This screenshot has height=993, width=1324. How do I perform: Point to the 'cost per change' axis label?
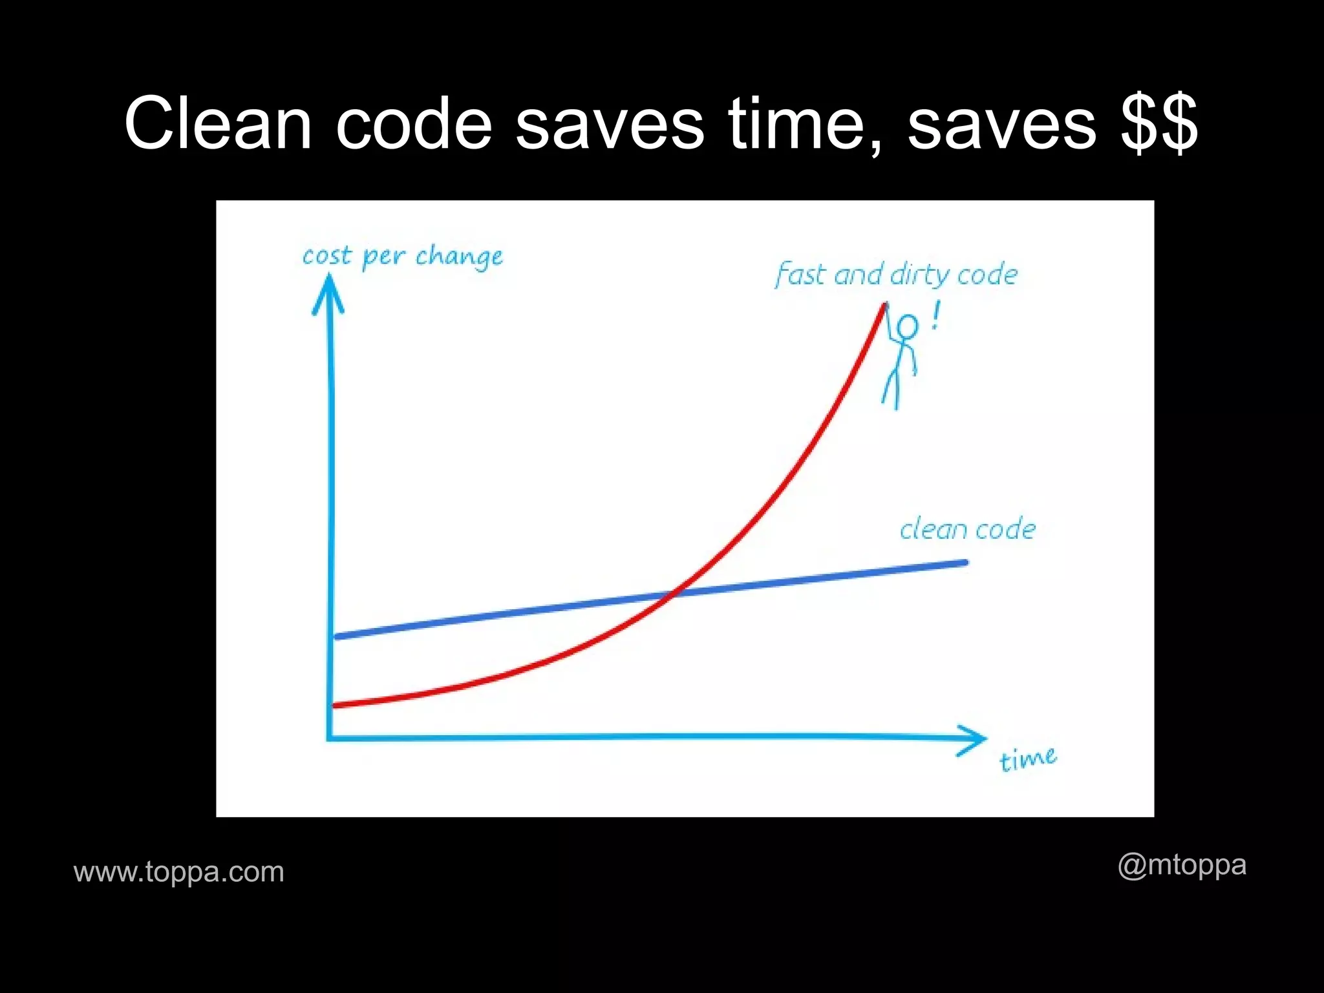tap(402, 256)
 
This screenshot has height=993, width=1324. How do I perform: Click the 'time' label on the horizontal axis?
tap(1027, 758)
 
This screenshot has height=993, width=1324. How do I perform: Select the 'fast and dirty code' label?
tap(896, 275)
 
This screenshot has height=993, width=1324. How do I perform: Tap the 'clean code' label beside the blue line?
tap(967, 529)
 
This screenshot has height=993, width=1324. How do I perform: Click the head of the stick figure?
tap(907, 327)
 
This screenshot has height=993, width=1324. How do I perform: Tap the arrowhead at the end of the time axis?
tap(974, 738)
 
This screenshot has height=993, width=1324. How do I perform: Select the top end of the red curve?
tap(883, 305)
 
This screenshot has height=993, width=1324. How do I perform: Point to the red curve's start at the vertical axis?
tap(335, 705)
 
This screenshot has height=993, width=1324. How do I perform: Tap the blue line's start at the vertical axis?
tap(336, 636)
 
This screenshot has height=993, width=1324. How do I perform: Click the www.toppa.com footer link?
tap(179, 872)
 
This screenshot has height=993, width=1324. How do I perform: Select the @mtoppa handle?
tap(1182, 865)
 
